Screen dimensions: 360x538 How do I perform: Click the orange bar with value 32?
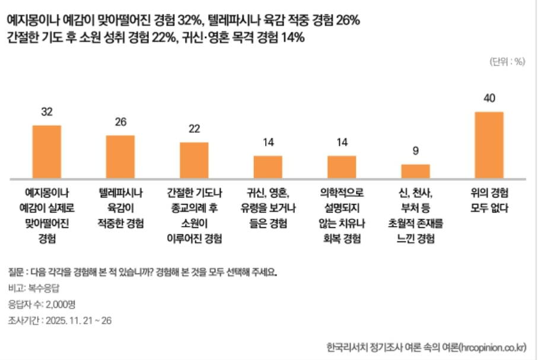pos(46,152)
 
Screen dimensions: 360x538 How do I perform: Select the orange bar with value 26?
pos(120,157)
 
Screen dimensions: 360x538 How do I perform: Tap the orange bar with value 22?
pos(194,160)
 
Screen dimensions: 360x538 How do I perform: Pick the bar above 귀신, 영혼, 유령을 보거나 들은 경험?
pos(268,167)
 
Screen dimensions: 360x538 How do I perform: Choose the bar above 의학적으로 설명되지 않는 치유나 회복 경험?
pos(342,167)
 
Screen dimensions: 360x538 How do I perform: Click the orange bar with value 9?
pos(415,171)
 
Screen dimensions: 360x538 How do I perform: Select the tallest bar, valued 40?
pos(489,145)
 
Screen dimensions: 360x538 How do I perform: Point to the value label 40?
pos(489,98)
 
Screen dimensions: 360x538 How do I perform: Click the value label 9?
pos(415,151)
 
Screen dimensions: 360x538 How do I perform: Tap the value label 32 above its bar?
pos(47,112)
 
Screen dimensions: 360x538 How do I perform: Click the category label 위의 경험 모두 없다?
pos(489,201)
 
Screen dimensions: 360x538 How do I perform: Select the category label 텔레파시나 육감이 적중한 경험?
pos(120,208)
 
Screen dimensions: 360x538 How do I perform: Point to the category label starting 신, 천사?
pos(415,216)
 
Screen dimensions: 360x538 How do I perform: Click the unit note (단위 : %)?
pos(507,61)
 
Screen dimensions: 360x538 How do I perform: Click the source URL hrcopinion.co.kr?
pos(492,346)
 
